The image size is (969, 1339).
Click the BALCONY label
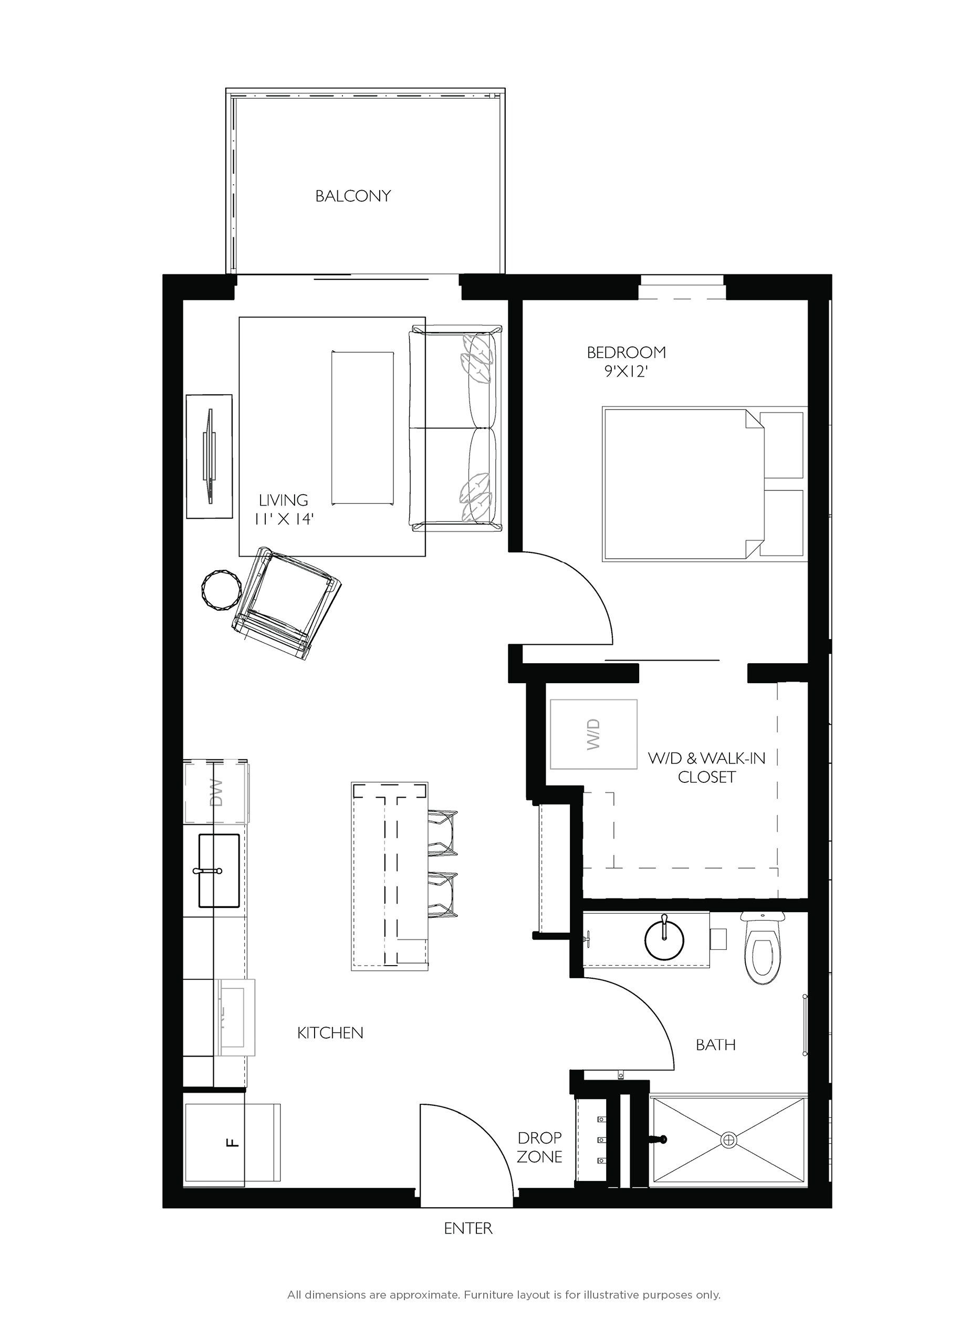pos(352,196)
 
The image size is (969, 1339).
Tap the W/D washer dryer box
pos(593,734)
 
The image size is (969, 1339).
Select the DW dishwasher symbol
pos(216,793)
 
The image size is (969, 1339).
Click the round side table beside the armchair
pos(221,589)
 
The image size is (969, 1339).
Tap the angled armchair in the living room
pos(286,604)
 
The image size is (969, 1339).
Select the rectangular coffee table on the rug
pos(362,428)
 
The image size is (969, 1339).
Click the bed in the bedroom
pos(679,483)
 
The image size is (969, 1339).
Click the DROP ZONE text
pos(539,1148)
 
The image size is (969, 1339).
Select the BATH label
pos(716,1045)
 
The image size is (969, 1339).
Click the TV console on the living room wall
pos(209,457)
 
